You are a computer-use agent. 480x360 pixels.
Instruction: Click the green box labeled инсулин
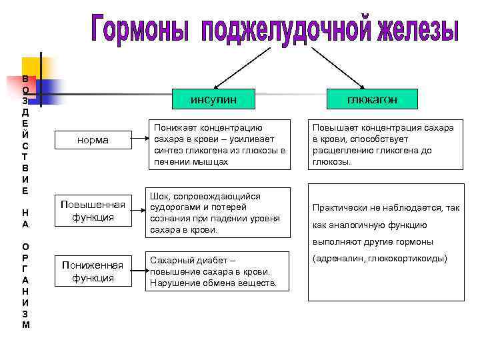point(213,99)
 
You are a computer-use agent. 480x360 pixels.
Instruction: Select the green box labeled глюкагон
point(371,99)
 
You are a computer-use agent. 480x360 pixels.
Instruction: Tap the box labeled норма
point(93,140)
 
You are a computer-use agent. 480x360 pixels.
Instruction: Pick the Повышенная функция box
point(93,211)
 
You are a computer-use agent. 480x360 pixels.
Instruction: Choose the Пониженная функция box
point(93,271)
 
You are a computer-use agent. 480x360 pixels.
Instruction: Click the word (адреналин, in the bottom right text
point(337,258)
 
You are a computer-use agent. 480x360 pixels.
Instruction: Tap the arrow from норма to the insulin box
point(140,139)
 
